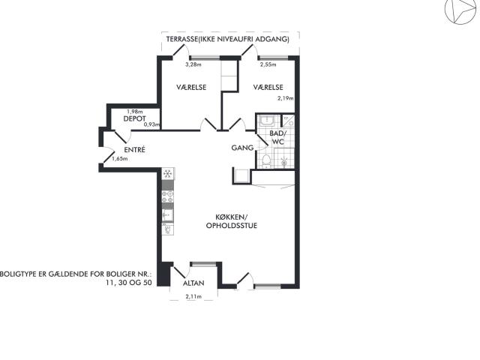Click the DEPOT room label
134,118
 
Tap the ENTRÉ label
134,150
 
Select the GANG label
242,148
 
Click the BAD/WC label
277,137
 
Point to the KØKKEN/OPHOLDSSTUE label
232,221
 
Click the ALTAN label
193,283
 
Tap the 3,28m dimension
193,64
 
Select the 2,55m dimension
268,64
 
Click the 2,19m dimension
285,98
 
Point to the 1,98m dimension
135,112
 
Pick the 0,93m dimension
152,124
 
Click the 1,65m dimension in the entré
120,158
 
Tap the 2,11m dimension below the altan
193,296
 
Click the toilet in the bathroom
266,161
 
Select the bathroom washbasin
268,121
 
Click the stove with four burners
167,196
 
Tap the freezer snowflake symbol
167,174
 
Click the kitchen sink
167,215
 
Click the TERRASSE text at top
180,39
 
